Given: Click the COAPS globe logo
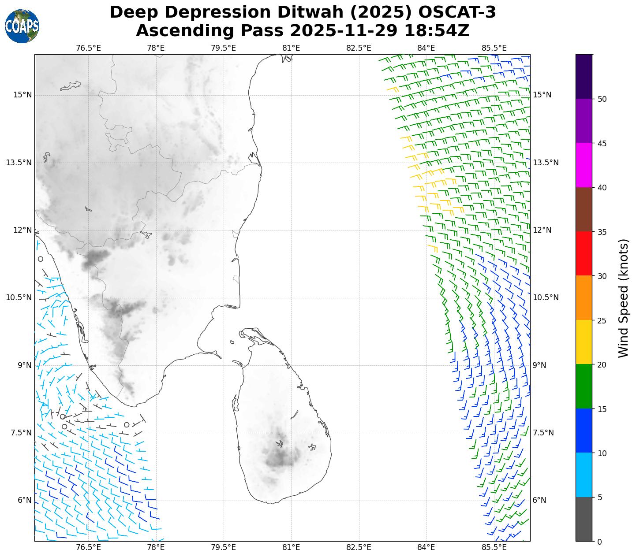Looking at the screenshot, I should pyautogui.click(x=22, y=26).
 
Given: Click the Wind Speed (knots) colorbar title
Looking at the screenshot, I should pyautogui.click(x=623, y=298).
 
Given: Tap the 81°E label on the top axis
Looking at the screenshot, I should pyautogui.click(x=291, y=48).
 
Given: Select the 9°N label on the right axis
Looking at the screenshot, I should pyautogui.click(x=539, y=365).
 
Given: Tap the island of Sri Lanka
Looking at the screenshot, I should pyautogui.click(x=282, y=423).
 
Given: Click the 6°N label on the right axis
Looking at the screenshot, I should pyautogui.click(x=539, y=500).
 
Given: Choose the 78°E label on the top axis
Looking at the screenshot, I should pyautogui.click(x=156, y=48).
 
